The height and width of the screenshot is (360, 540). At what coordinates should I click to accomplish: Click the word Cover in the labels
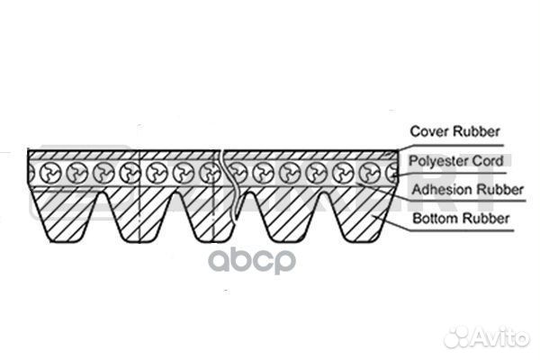pos(427,131)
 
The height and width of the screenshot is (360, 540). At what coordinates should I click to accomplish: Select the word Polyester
pos(438,161)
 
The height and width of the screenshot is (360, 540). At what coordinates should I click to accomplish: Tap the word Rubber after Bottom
pos(482,218)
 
